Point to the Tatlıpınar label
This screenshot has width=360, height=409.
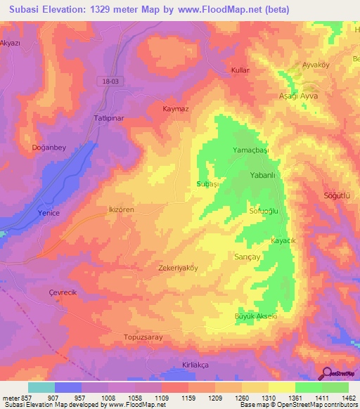(109, 118)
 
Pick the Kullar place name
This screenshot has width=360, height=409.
(240, 70)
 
